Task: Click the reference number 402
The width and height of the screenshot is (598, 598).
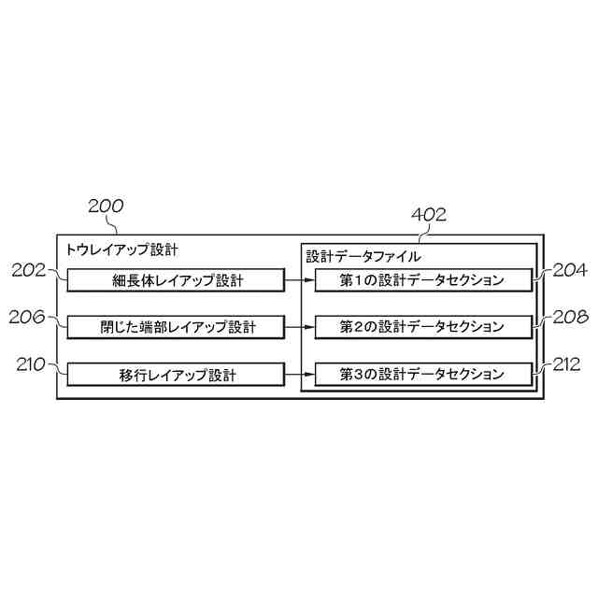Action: coord(428,215)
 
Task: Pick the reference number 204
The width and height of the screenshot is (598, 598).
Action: coord(569,271)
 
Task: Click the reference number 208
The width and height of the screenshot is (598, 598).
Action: coord(569,318)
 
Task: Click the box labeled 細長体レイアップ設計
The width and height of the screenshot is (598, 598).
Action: coord(177,279)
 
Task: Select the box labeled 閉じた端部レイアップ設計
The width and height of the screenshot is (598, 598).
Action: coord(177,327)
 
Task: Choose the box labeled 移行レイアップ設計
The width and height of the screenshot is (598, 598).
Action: coord(177,375)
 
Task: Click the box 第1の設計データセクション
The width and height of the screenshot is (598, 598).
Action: coord(422,279)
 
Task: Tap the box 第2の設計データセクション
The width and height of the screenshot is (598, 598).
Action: coord(422,327)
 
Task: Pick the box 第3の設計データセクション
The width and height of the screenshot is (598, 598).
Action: coord(422,375)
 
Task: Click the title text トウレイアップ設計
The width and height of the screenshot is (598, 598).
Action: coord(121,250)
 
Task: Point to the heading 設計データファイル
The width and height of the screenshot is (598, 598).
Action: coord(363,256)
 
